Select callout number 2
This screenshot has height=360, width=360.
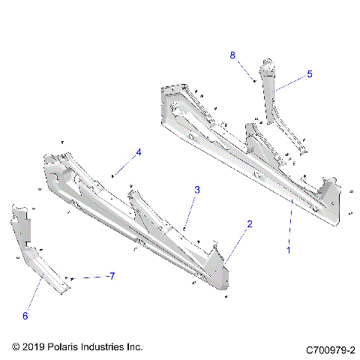click(x=250, y=224)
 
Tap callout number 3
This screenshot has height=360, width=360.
click(x=197, y=190)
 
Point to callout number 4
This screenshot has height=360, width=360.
click(x=138, y=152)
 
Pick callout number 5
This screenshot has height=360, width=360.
click(x=309, y=74)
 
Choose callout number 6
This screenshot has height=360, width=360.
click(x=25, y=316)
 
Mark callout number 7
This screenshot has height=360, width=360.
click(x=111, y=276)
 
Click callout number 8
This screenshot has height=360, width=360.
click(x=232, y=55)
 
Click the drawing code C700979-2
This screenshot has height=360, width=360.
click(x=330, y=350)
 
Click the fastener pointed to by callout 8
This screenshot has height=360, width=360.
click(x=256, y=79)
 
